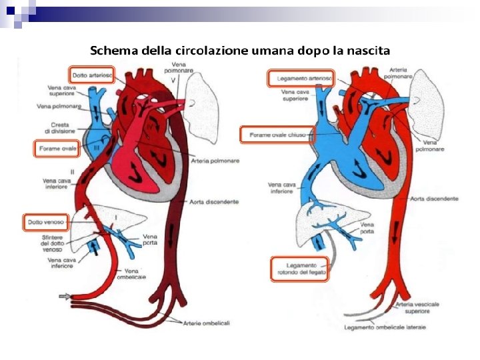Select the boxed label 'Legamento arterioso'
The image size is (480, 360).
pos(300,79)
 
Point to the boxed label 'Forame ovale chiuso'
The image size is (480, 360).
pos(276,135)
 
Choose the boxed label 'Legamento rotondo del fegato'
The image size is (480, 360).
pos(299,269)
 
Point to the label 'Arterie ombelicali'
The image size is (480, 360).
pos(208,323)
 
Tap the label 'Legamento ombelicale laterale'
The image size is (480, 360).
pos(385,327)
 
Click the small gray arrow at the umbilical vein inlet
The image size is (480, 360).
pos(65,295)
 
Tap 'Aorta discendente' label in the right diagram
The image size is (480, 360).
pos(435,199)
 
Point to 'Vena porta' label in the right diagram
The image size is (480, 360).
pos(367,229)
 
